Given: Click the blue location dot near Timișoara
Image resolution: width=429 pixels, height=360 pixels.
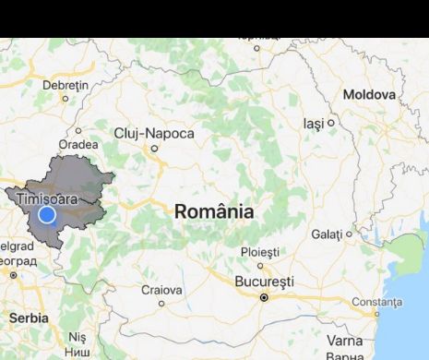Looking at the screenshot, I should click(47, 215).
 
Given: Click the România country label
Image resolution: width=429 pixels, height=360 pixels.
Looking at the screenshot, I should click(214, 211).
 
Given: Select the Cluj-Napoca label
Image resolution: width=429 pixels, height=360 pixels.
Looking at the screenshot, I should click(154, 134).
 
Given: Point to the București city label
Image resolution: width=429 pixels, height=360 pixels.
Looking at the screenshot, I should click(264, 281).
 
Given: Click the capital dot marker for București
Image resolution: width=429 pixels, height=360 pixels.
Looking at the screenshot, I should click(264, 298).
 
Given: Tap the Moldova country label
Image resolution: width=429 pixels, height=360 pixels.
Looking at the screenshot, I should click(368, 95).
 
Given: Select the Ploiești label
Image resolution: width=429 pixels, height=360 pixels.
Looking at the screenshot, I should click(259, 251).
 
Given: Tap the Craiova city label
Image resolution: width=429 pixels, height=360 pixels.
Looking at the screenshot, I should click(161, 289).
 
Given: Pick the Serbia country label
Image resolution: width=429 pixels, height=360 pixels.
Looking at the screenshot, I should click(30, 317).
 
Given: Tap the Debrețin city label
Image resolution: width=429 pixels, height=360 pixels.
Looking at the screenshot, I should click(65, 86).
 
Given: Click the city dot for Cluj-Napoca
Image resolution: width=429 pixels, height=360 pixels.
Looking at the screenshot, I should click(155, 149).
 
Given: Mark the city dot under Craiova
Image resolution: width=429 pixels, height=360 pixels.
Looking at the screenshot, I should click(161, 302).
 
